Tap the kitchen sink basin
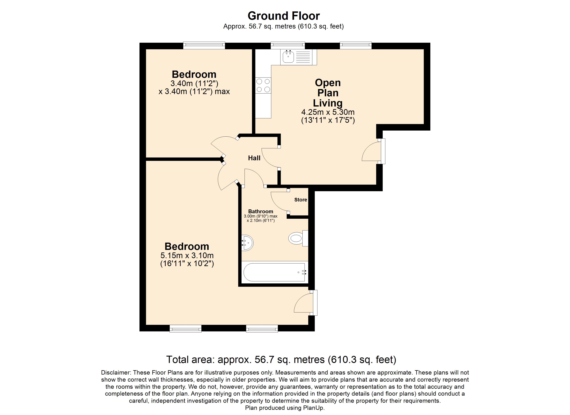pos(288,57)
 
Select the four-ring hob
pos(263,85)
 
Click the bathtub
pos(274,272)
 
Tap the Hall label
pos(254,158)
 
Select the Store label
pos(301,200)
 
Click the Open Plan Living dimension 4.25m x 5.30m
pos(328,112)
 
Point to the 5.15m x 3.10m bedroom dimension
pos(187,255)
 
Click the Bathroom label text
pos(261,211)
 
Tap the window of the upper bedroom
pos(204,45)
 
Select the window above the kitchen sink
pos(288,45)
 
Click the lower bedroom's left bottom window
pos(186,328)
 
